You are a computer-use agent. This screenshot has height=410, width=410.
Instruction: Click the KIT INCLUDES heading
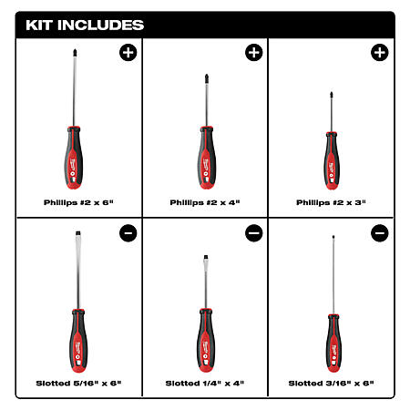tap(85, 25)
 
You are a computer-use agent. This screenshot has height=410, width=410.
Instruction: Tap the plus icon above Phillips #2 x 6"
tap(128, 53)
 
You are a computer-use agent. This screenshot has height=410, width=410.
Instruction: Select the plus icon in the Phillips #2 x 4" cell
tap(254, 53)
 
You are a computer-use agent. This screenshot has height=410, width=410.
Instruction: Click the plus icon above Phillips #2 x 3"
tap(380, 53)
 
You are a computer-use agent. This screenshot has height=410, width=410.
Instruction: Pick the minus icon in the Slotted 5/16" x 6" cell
tap(128, 233)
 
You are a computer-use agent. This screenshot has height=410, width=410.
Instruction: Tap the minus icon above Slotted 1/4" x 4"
tap(254, 233)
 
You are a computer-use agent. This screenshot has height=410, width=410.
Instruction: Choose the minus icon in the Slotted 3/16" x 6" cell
tap(380, 233)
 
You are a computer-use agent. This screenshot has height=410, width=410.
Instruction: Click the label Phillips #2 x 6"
tap(78, 202)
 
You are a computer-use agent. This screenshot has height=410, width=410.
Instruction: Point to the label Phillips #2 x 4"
tap(205, 202)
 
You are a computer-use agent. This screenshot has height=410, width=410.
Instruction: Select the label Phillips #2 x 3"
tap(331, 202)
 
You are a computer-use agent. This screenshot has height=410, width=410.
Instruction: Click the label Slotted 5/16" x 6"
tap(78, 384)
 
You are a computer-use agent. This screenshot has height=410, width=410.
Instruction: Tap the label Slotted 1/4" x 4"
tap(205, 384)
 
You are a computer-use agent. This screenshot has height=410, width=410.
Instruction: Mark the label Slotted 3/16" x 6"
tap(331, 384)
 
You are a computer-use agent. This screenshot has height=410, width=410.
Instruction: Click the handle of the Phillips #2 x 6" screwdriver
tap(74, 158)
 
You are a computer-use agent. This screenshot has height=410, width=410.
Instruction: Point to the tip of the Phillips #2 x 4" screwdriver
tap(207, 76)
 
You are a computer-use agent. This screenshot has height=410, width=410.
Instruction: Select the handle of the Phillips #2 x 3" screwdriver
tap(332, 161)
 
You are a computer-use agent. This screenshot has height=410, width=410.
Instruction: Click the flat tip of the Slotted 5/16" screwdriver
tap(78, 233)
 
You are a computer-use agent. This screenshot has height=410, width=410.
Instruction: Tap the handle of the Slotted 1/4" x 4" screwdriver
tap(206, 340)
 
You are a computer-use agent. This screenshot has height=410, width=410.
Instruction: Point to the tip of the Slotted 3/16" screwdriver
tap(333, 237)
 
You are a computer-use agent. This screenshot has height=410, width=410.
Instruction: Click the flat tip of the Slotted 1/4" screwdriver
tap(206, 257)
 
